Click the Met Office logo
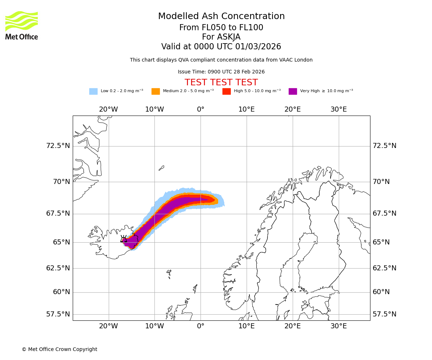point(22,25)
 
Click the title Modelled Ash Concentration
point(221,17)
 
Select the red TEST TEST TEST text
point(221,82)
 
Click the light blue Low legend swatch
point(93,91)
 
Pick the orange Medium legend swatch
point(156,91)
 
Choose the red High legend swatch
point(226,91)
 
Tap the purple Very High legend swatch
point(293,91)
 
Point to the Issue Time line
point(221,72)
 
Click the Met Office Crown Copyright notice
point(59,349)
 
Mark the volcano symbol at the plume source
point(124,239)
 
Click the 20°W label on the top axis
point(108,109)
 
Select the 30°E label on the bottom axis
point(338,326)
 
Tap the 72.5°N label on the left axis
point(58,146)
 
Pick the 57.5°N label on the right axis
point(384,314)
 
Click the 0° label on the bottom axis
point(201,326)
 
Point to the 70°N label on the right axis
point(381,182)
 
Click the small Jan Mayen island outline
point(161,168)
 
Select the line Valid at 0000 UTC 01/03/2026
point(221,47)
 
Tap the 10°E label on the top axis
point(247,109)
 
